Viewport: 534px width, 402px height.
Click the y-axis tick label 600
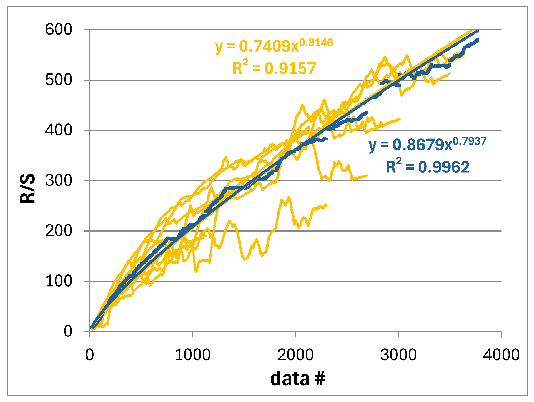(59, 30)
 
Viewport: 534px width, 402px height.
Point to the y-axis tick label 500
(59, 80)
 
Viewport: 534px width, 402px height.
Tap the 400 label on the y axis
(59, 130)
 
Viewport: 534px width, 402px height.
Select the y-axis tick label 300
(59, 180)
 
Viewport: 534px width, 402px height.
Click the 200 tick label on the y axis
(59, 231)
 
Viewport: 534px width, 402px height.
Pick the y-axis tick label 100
(59, 281)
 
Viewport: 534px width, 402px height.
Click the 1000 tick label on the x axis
(192, 355)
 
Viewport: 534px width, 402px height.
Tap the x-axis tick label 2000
(295, 355)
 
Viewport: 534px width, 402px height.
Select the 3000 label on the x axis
(398, 355)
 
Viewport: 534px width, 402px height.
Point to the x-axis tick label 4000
(501, 355)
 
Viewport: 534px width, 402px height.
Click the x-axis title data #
(297, 378)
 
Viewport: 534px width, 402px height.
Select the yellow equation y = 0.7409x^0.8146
(274, 46)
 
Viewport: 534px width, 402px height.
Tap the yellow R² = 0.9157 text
(274, 68)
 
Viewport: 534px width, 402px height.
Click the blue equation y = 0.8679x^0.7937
(427, 144)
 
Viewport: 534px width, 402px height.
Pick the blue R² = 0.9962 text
(427, 167)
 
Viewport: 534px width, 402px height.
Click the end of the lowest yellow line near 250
(326, 205)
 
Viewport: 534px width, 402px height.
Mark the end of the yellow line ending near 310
(367, 176)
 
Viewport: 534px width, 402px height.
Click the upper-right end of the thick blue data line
(478, 40)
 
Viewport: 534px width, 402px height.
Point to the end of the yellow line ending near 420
(400, 119)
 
